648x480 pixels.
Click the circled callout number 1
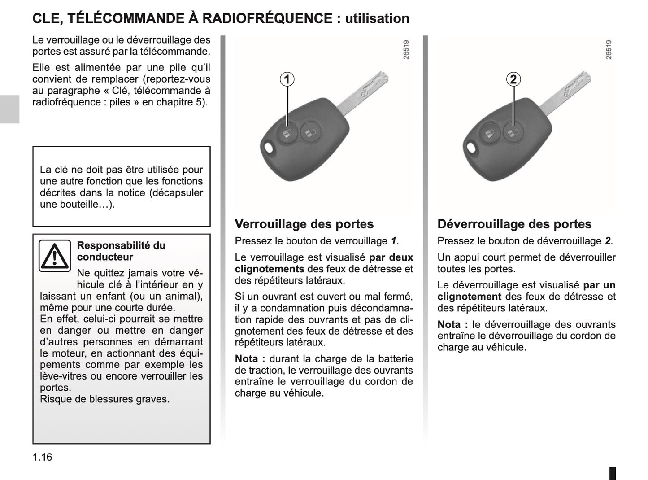coord(287,79)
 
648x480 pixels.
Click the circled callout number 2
coord(513,79)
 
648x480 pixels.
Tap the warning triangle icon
coord(54,256)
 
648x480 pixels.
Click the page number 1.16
coord(42,457)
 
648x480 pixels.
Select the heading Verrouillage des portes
coord(304,224)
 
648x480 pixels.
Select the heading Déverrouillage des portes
coord(514,224)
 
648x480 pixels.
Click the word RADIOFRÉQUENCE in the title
coord(267,18)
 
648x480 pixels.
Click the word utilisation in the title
coord(377,18)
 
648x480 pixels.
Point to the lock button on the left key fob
coord(287,132)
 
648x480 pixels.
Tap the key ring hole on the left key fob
coord(269,147)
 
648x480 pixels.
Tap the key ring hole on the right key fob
coord(471,147)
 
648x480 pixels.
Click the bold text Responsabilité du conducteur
coord(121,251)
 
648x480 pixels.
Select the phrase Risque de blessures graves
coord(104,399)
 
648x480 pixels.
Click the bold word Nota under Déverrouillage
coord(452,324)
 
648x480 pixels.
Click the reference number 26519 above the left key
coord(406,50)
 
